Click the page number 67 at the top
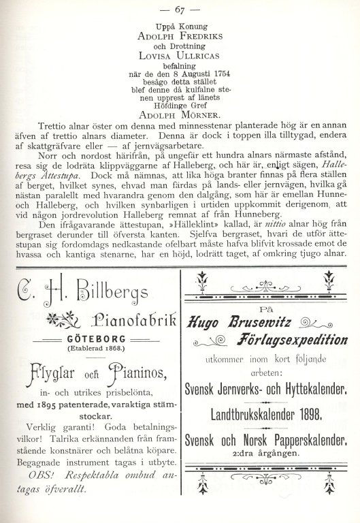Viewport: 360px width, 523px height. coord(180,9)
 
